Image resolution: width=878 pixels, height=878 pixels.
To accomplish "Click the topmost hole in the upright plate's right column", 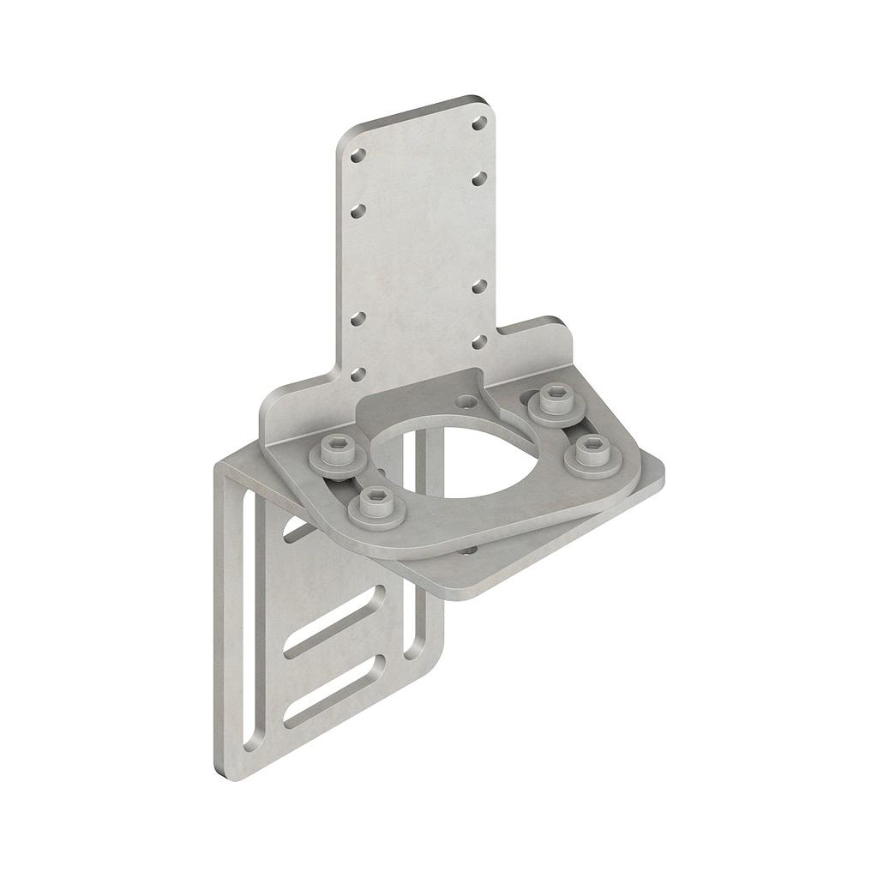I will click(x=479, y=123).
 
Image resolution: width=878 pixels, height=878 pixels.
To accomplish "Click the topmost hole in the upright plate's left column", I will click(x=358, y=156).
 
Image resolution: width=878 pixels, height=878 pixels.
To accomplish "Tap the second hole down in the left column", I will click(x=358, y=210).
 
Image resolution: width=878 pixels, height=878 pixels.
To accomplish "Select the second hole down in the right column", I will click(x=479, y=177).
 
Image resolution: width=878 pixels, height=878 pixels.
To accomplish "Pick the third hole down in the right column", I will click(x=479, y=285).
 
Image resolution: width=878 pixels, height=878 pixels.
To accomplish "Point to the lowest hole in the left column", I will click(x=358, y=373).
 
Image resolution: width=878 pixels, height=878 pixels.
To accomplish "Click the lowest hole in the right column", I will click(x=479, y=341).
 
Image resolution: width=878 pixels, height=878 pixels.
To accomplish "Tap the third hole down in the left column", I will click(x=358, y=319).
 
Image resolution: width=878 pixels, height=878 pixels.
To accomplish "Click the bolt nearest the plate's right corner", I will click(x=593, y=453).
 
